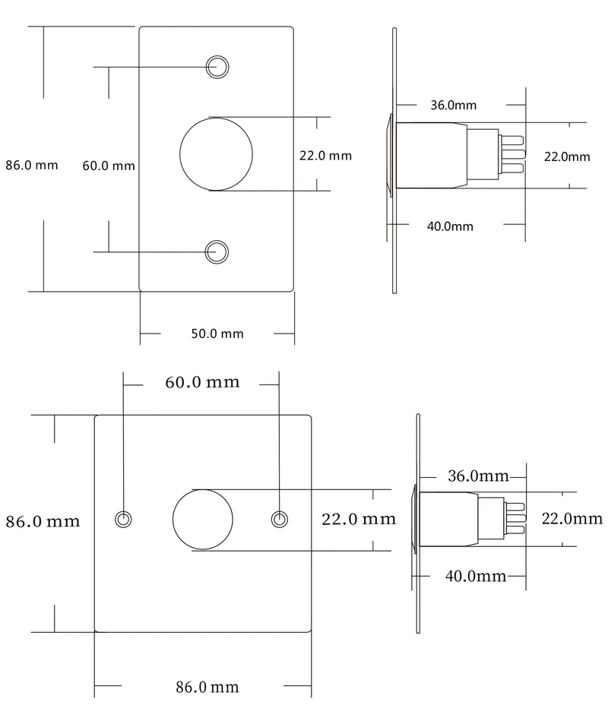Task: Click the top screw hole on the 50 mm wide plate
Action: coord(217,56)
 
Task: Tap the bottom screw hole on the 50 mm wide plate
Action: coord(217,241)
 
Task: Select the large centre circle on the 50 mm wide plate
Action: coord(217,118)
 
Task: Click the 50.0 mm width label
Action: coord(217,334)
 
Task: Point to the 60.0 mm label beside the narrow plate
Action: coord(109,166)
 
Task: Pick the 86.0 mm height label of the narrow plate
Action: coord(32,165)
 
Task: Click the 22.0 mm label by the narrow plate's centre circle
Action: coord(326,156)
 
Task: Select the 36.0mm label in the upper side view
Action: coord(454,105)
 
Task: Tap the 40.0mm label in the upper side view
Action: coord(450,226)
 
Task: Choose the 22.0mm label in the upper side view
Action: coord(567,157)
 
